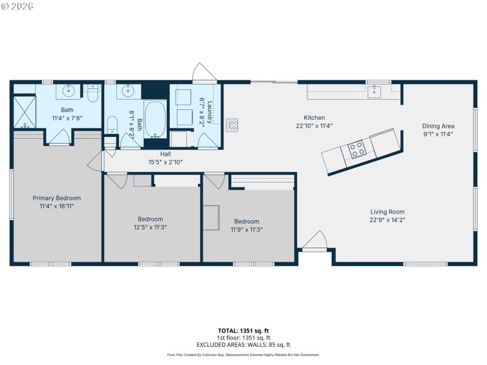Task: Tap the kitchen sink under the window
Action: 374,92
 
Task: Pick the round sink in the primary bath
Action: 66,92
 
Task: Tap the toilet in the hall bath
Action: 112,126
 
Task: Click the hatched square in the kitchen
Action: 232,125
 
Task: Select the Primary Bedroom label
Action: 57,198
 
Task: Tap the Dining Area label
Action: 438,127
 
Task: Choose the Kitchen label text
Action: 314,118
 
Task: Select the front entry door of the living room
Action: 315,242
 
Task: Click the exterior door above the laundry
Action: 203,73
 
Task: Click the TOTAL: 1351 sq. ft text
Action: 243,331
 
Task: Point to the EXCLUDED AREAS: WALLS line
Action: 243,345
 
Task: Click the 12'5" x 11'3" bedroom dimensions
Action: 150,227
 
